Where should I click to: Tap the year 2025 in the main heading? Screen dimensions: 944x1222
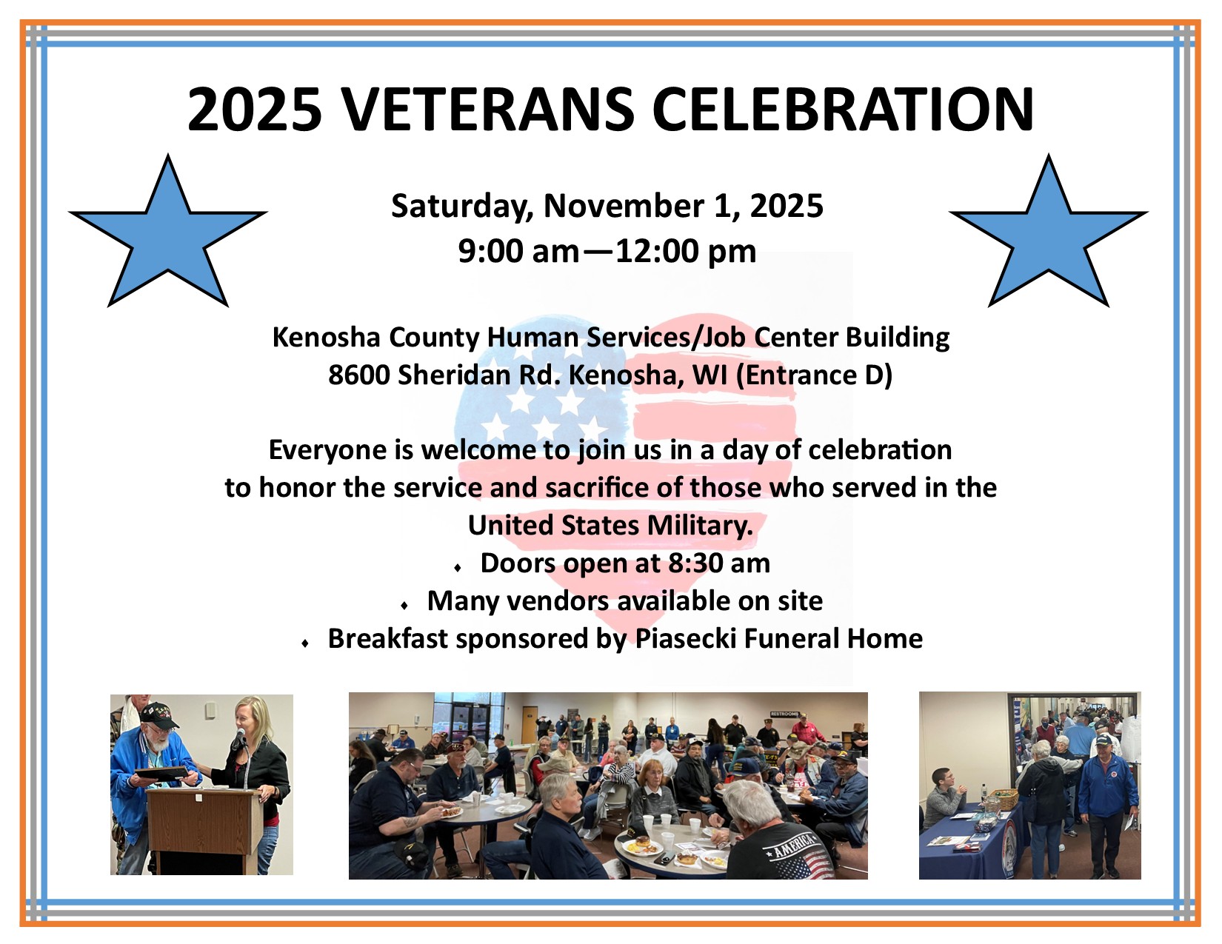click(254, 110)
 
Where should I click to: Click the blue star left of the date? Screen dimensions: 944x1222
click(168, 230)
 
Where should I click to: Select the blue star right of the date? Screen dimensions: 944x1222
click(1049, 230)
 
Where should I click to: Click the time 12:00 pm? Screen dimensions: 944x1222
click(686, 251)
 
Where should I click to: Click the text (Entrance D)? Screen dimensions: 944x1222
click(814, 375)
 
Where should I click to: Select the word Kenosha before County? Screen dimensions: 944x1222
click(327, 337)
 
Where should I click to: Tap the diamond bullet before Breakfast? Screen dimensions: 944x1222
click(305, 643)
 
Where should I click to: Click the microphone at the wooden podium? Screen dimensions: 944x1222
click(239, 736)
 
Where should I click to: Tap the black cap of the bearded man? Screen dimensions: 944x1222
click(158, 716)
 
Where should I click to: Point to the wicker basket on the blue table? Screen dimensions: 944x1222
click(997, 798)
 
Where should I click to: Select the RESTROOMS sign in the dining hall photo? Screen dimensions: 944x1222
click(784, 714)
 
